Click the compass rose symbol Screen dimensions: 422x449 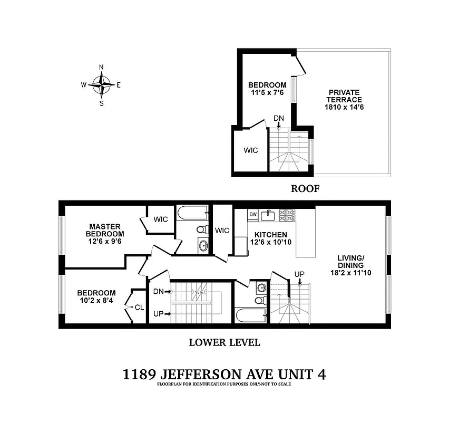click(101, 84)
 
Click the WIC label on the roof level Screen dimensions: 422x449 click(251, 150)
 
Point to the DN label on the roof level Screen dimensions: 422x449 click(278, 118)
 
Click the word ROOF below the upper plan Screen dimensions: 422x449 click(306, 188)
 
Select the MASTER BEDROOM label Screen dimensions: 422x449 click(106, 230)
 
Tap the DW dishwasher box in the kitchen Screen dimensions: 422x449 click(253, 214)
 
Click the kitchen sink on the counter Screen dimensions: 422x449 click(269, 214)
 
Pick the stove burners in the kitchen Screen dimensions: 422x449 click(288, 214)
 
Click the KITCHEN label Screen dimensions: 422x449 click(271, 235)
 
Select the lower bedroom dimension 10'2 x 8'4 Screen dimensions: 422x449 click(96, 301)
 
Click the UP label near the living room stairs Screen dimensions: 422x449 click(299, 274)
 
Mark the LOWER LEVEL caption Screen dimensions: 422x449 click(224, 342)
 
